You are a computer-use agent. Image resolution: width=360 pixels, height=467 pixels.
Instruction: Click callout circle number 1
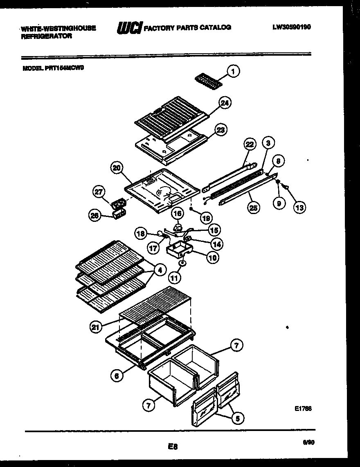coord(234,72)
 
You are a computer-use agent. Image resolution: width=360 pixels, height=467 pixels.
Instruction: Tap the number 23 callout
coord(220,130)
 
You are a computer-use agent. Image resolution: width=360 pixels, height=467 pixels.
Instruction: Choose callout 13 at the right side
coord(299,208)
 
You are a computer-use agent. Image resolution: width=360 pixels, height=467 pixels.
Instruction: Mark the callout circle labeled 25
coord(254,208)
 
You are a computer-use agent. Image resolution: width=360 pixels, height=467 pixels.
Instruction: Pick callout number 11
coord(174,278)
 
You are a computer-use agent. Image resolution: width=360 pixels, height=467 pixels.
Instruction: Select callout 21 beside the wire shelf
coord(96,326)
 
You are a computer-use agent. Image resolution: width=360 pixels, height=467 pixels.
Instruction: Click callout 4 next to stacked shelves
coord(159,270)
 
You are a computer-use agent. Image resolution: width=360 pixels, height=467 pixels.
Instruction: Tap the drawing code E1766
coord(303,408)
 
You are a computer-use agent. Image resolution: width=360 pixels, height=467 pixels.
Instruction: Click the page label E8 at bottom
coord(172,447)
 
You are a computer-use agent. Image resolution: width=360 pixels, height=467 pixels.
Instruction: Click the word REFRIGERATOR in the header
coord(46,36)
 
